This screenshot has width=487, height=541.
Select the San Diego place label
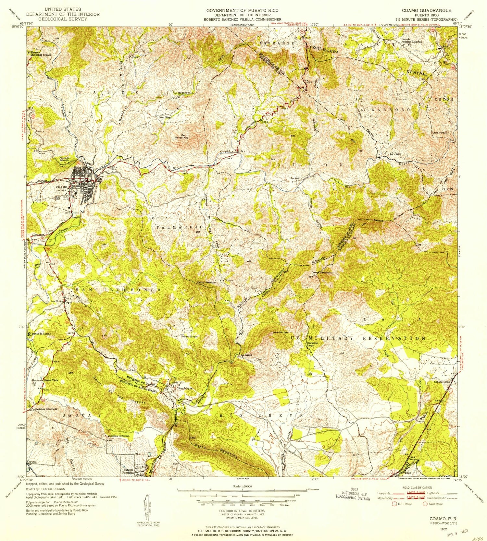click(165, 117)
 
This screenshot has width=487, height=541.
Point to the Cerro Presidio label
click(206, 283)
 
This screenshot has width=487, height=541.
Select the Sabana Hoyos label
click(189, 336)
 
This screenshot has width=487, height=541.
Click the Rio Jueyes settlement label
click(185, 388)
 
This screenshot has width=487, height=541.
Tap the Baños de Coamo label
click(41, 334)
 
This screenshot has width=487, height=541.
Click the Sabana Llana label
click(442, 382)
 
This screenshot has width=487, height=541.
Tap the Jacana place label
click(295, 178)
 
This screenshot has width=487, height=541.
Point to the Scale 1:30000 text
click(242, 487)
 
